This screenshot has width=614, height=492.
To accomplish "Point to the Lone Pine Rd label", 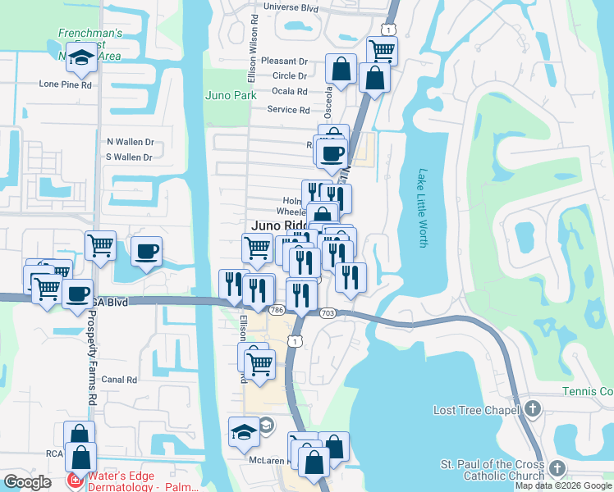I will click(x=65, y=84).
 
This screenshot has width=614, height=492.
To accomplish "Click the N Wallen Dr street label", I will click(x=130, y=141).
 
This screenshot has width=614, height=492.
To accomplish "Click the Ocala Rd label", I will click(x=289, y=92).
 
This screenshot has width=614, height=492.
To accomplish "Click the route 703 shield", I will click(x=328, y=313).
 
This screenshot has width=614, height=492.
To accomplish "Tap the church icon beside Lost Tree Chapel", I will click(x=533, y=408).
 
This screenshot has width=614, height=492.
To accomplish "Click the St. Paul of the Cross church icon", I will click(x=557, y=468).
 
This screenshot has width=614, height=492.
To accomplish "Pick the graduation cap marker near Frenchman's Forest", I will click(x=80, y=57).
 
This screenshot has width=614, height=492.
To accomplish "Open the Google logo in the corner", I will click(x=27, y=482).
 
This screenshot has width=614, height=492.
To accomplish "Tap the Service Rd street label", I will click(x=288, y=110).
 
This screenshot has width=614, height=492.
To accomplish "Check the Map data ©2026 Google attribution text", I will click(x=563, y=485).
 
